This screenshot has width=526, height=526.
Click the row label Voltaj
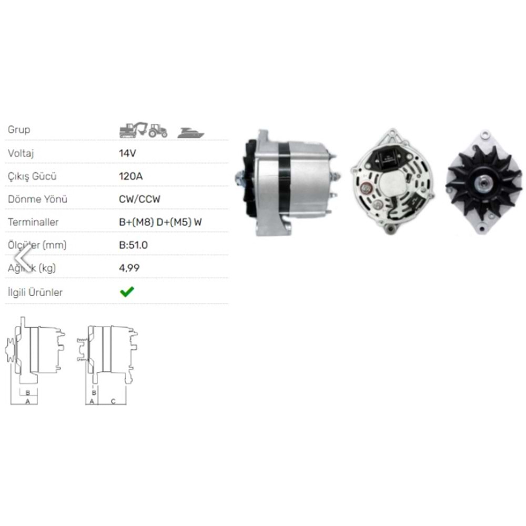(21, 153)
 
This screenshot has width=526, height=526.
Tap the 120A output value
(131, 176)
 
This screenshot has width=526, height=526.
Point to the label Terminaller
(33, 222)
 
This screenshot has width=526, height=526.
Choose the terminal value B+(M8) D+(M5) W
(160, 222)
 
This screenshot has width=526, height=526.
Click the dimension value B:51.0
(134, 245)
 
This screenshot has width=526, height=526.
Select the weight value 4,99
(129, 268)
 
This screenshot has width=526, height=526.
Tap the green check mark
(127, 292)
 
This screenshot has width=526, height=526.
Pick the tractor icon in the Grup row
(157, 130)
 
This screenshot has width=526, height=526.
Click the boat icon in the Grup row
(190, 133)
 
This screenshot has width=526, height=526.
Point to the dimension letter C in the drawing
(113, 401)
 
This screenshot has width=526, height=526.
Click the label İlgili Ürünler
(35, 292)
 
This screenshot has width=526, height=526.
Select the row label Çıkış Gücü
(32, 176)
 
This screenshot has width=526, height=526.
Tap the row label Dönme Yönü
(37, 199)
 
